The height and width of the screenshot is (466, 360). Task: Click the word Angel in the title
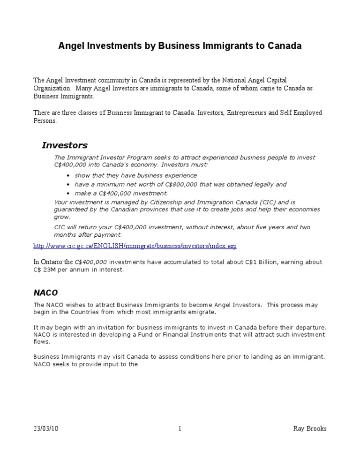click(x=70, y=46)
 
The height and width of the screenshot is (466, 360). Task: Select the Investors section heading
click(x=65, y=145)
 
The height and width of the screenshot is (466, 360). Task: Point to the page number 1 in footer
click(x=180, y=428)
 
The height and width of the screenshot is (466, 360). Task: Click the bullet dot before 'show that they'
click(x=69, y=176)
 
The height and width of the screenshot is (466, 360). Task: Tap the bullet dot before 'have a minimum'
click(x=69, y=185)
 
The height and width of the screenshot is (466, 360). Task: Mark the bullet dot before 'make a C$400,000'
click(x=69, y=194)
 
